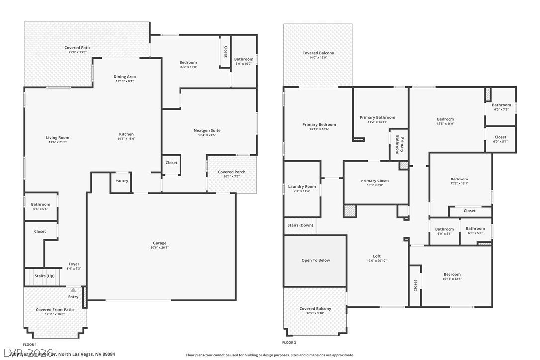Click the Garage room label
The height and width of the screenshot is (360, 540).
point(159,243)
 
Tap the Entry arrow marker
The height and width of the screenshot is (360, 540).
point(73,290)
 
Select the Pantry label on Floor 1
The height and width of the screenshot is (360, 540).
point(122,181)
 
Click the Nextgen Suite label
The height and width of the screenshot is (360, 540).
point(207,131)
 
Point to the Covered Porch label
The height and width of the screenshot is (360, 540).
point(232,172)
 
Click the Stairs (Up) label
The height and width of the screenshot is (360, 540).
point(44,276)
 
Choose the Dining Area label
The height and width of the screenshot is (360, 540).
point(125,77)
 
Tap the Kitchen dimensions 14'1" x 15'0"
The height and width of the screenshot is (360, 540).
point(126,139)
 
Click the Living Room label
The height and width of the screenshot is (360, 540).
point(58,138)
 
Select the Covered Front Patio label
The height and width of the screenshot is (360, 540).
point(55,310)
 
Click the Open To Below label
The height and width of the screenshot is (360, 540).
point(315,260)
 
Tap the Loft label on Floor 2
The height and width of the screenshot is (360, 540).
point(377,256)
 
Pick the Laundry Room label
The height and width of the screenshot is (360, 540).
point(302,187)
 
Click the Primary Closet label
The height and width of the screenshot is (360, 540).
point(375,181)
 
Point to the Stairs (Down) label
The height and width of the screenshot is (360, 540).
point(300,225)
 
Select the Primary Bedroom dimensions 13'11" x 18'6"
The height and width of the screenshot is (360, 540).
point(319,129)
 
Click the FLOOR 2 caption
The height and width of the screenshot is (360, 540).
point(289,343)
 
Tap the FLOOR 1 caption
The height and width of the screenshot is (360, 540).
point(30,344)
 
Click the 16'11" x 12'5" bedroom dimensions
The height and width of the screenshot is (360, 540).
point(452,279)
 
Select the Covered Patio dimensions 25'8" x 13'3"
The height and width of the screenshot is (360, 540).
point(77,52)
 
